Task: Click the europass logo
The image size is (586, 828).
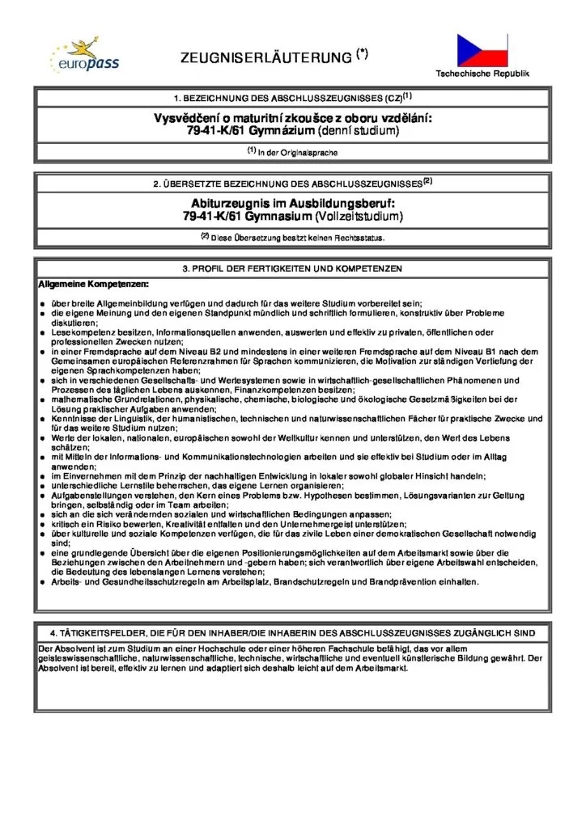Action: pos(74,53)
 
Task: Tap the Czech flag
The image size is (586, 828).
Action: pos(482,50)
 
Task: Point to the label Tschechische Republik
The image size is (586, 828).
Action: pos(482,74)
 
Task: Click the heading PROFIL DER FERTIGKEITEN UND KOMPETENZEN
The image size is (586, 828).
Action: pos(293,268)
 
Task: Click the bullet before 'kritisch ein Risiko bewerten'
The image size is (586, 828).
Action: pos(42,525)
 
